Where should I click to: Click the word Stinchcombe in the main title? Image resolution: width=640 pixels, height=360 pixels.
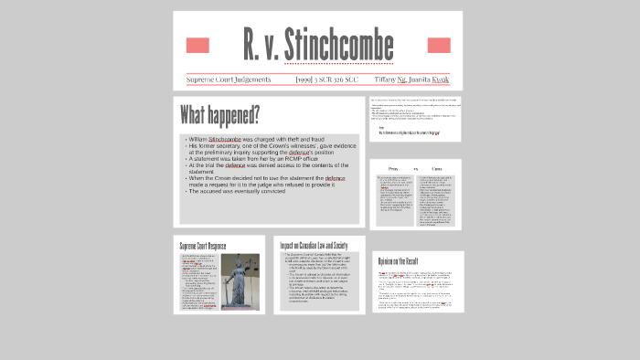pos(338,44)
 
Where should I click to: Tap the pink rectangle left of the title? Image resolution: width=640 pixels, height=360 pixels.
pos(197,46)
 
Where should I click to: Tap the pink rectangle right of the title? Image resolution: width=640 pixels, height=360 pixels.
pos(439,46)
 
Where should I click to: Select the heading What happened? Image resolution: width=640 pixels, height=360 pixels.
pos(219,116)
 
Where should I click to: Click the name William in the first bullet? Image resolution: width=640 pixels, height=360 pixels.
pos(197,139)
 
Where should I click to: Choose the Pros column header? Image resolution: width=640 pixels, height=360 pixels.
pos(394,169)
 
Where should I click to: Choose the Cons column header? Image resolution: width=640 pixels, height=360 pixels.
pos(437,169)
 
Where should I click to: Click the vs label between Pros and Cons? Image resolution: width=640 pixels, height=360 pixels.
pos(415,169)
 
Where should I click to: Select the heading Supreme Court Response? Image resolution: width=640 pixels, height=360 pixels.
pos(203,246)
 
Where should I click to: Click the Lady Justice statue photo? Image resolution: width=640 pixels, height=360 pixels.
pos(240,281)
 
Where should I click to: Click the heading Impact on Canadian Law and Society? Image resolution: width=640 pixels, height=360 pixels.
pos(314,246)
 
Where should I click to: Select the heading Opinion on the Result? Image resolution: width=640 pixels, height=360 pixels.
pos(406,262)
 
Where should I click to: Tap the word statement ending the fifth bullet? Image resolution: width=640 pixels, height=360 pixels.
pos(201,172)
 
